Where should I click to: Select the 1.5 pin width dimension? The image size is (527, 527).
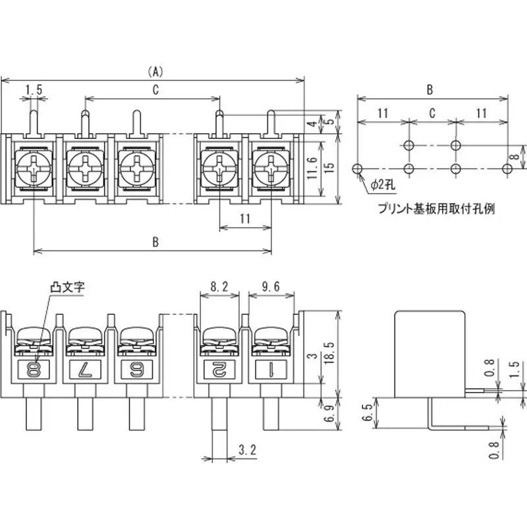[x=34, y=89]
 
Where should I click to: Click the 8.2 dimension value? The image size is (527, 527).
[x=219, y=287]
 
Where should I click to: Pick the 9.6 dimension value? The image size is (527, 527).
[x=271, y=287]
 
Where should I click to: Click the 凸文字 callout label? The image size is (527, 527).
[x=68, y=288]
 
